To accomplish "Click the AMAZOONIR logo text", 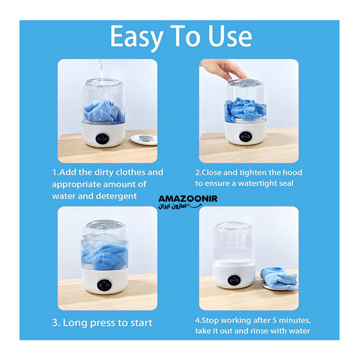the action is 188,199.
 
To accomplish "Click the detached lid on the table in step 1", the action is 144,139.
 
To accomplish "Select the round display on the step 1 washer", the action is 102,139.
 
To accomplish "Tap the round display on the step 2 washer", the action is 245,137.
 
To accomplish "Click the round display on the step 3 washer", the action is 104,285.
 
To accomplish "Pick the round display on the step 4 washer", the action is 234,280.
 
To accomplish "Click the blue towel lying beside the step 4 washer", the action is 280,279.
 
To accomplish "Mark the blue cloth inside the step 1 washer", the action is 103,111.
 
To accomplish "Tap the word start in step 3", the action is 141,323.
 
